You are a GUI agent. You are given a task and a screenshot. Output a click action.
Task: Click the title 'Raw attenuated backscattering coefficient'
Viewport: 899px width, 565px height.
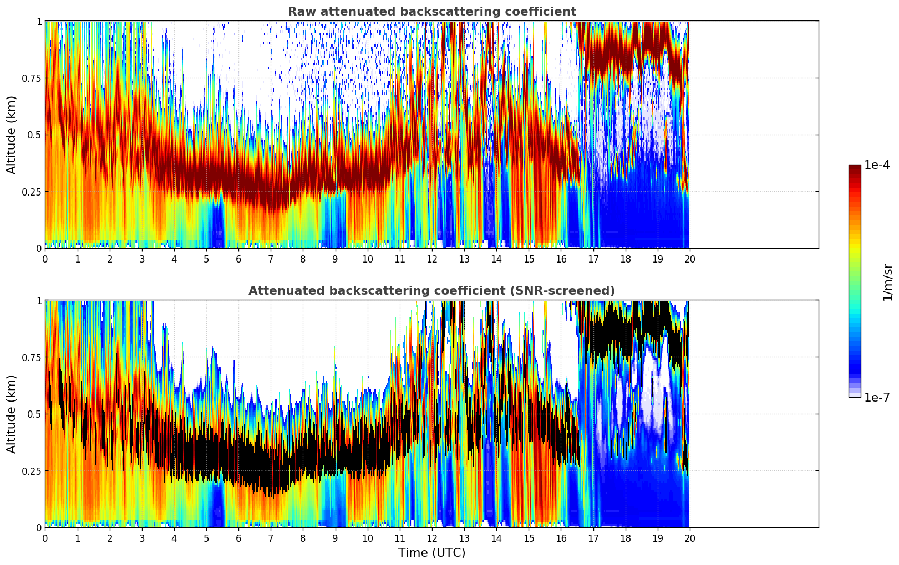click(x=431, y=12)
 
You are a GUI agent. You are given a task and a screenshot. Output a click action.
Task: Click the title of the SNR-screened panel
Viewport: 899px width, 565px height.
click(x=431, y=291)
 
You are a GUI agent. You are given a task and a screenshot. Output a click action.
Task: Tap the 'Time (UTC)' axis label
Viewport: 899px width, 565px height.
click(x=431, y=553)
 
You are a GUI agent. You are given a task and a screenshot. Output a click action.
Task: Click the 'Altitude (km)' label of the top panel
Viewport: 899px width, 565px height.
click(x=12, y=135)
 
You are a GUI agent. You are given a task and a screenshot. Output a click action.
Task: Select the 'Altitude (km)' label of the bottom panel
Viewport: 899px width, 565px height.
click(x=12, y=414)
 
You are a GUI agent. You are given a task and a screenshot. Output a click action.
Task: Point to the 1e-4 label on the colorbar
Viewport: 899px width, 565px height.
click(x=877, y=165)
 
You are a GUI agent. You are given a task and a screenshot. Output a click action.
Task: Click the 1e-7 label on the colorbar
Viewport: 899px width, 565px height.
click(x=877, y=398)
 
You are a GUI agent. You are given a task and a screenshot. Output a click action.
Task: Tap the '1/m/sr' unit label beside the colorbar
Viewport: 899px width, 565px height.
click(x=887, y=282)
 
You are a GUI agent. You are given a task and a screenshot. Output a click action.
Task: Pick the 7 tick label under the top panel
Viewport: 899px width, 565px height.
click(x=271, y=259)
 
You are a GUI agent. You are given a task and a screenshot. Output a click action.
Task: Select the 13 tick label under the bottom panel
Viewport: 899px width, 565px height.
click(x=464, y=538)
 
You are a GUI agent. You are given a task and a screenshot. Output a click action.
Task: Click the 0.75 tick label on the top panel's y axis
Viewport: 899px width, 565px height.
click(x=31, y=78)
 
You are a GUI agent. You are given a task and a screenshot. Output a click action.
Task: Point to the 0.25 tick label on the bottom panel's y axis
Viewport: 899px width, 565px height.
click(x=31, y=471)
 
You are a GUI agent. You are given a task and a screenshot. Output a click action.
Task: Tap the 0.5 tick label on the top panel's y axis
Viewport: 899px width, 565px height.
click(x=34, y=135)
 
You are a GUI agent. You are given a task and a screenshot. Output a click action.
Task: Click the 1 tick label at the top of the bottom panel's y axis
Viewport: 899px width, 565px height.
click(x=39, y=301)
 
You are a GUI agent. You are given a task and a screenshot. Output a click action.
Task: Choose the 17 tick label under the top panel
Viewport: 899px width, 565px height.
click(x=593, y=259)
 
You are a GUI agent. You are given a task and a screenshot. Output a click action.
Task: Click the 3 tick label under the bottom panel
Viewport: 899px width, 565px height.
click(x=142, y=538)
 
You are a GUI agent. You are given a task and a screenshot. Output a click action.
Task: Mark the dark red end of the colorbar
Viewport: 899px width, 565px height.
click(x=854, y=168)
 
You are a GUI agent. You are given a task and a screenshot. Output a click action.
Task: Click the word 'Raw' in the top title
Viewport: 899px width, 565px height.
click(x=299, y=12)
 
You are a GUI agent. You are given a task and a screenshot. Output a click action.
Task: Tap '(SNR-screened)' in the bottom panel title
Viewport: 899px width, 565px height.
click(x=571, y=291)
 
